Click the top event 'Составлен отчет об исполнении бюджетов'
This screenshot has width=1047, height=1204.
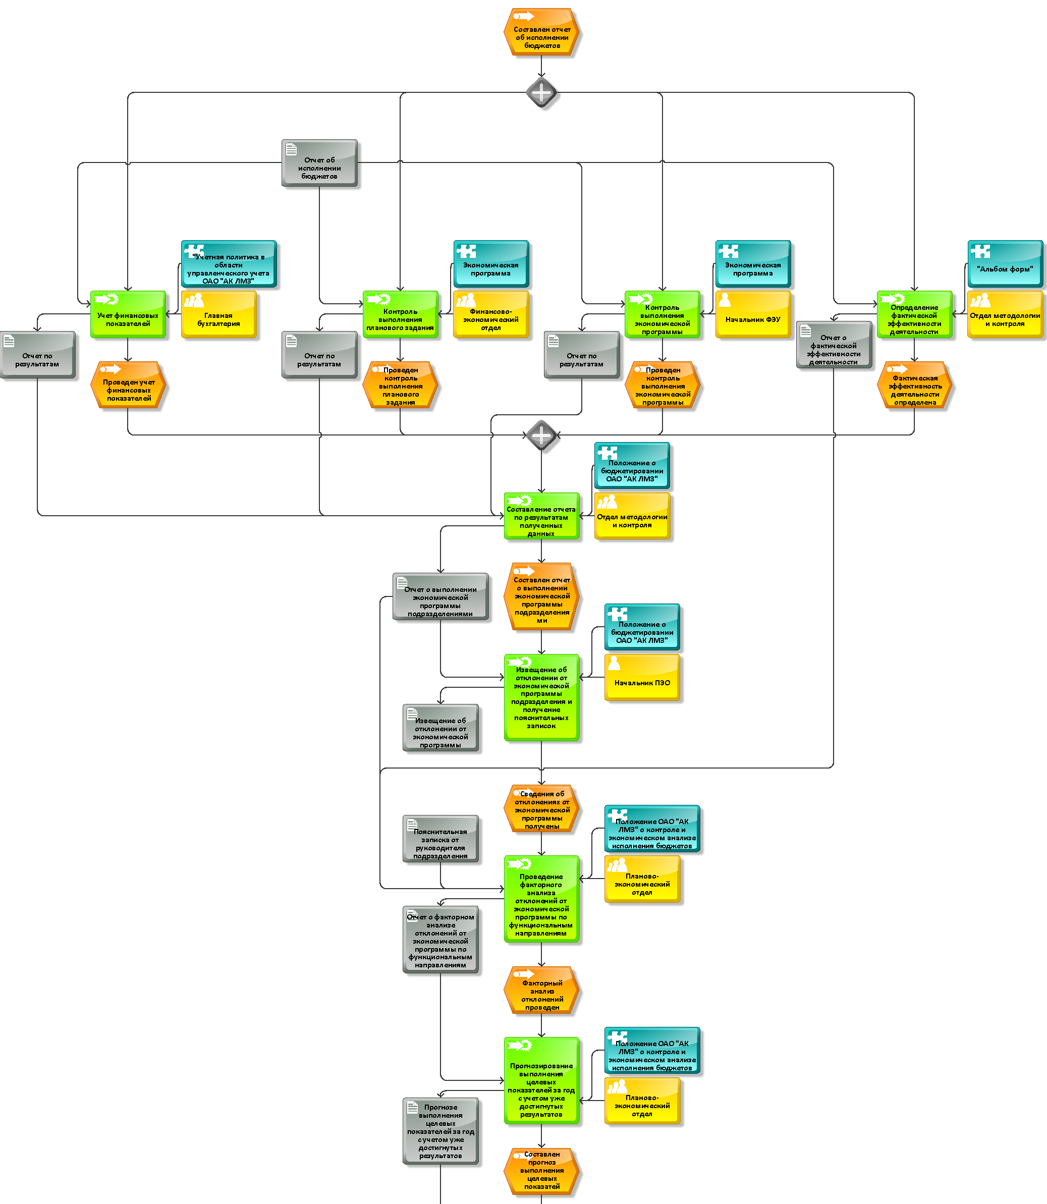coord(541,32)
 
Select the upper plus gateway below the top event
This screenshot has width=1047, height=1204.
coord(541,92)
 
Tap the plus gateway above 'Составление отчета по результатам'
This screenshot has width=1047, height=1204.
coord(541,435)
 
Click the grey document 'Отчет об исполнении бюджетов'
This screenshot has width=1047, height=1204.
coord(319,163)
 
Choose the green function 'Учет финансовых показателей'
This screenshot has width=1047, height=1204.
coord(128,314)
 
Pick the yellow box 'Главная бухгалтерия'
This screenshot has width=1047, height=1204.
coord(218,314)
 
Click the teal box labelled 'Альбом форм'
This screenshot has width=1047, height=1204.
coord(1005,263)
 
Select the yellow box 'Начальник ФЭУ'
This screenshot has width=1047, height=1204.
coord(753,314)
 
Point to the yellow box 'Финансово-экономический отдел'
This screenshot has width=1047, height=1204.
coord(491,314)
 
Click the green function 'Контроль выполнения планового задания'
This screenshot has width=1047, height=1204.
coord(400,314)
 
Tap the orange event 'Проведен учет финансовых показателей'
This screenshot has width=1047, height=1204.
coord(128,385)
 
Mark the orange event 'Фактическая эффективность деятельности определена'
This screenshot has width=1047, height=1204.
coord(914,385)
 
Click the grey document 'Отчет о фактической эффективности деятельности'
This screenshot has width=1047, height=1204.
coord(834,345)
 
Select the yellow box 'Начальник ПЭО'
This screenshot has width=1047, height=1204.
coord(642,677)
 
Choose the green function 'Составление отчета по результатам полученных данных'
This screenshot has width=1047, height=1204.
coord(541,516)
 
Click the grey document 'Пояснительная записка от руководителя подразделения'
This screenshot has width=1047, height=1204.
coord(440,838)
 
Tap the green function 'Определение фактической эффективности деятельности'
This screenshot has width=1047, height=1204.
coord(914,314)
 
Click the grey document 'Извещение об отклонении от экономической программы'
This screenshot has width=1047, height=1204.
coord(440,727)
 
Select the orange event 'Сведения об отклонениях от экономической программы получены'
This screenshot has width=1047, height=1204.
coord(541,808)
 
